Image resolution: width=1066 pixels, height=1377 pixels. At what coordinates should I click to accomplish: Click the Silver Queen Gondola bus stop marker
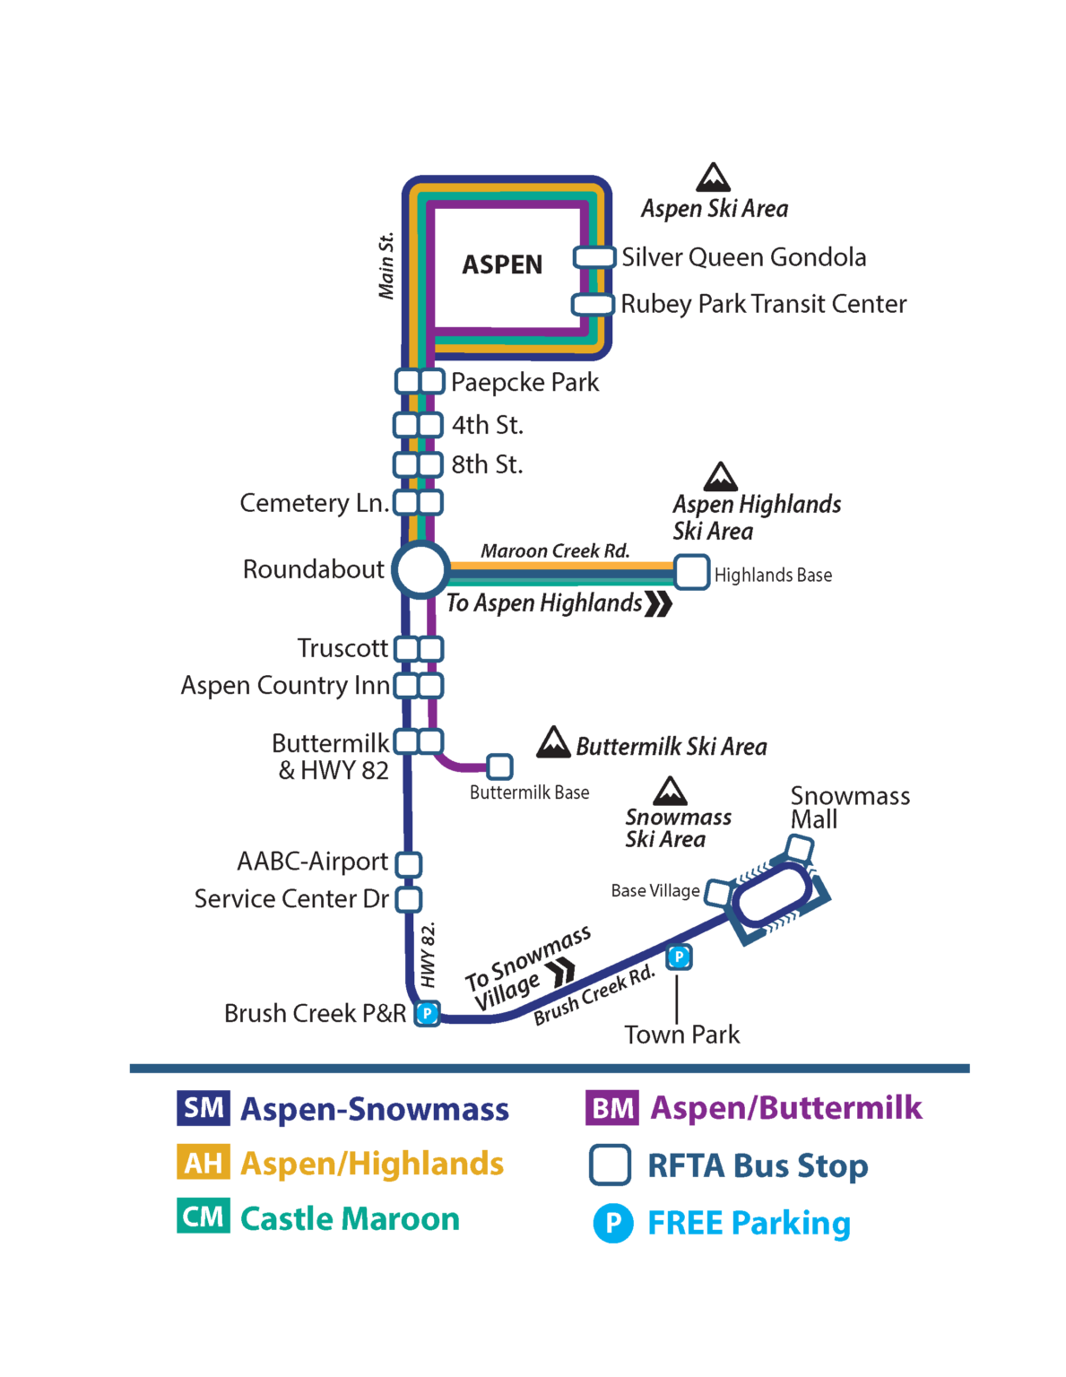coord(594,257)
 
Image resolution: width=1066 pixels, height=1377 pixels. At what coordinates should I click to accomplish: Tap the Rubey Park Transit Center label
coord(763,304)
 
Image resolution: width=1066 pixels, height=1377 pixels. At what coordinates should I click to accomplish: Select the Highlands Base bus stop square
coord(691,572)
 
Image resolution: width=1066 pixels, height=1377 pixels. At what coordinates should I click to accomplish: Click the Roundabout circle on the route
coord(420,569)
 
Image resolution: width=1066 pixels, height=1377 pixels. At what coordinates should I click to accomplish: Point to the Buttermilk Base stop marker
coord(499,766)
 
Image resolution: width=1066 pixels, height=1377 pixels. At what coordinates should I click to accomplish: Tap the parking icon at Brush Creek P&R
coord(428,1014)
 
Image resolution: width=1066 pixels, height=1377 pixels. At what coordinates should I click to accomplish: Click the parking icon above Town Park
coord(679,957)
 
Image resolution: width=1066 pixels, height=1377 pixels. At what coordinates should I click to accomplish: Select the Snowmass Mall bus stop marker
coord(799,847)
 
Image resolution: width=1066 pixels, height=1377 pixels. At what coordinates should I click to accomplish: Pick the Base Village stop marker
coord(718,892)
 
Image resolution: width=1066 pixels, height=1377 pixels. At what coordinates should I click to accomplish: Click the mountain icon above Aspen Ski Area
coord(713,178)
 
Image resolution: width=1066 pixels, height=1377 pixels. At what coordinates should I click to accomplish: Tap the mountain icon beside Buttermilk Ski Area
coord(553,742)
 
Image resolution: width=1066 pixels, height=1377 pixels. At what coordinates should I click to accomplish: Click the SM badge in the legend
coord(204,1108)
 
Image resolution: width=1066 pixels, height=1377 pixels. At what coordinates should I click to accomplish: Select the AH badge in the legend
coord(204,1163)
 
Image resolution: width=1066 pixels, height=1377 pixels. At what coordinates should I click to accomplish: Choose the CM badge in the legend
coord(204,1217)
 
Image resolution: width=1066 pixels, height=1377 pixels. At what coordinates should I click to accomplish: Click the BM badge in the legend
coord(612,1108)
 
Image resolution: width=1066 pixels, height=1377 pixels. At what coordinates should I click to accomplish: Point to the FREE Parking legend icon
coord(613,1223)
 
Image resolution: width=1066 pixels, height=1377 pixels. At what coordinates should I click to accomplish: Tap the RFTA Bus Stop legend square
coord(610,1165)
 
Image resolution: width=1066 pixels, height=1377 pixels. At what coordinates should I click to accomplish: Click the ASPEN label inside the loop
coord(502,265)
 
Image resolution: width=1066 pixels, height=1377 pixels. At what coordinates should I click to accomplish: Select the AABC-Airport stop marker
coord(409,864)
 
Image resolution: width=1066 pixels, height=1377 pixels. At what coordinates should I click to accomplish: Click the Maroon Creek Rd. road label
coord(555,550)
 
